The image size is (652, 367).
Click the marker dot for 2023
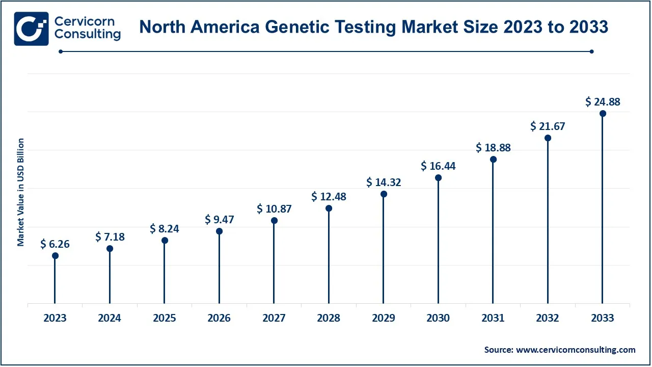55,255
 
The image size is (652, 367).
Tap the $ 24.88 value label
603,102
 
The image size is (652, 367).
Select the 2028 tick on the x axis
329,318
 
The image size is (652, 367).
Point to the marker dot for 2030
438,177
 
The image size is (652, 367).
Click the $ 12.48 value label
329,196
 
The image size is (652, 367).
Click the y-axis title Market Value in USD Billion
21,192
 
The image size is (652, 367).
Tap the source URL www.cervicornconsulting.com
576,350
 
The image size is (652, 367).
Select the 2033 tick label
603,318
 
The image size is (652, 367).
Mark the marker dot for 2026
219,231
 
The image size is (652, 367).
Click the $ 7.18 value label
110,237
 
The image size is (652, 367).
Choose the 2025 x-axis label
165,318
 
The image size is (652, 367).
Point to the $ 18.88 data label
493,148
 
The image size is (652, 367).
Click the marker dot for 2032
548,138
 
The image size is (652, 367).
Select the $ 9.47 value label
219,220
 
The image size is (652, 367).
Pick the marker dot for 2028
329,208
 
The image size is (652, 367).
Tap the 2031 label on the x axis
493,318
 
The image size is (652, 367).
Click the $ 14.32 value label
384,182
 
